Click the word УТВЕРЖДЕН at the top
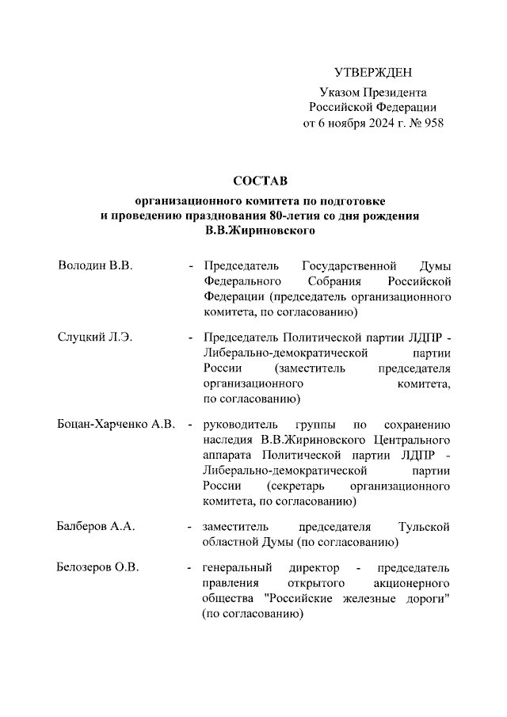pos(373,74)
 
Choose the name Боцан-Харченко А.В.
pos(116,424)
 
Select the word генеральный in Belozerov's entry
pos(237,568)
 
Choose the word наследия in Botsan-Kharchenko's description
pos(227,440)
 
